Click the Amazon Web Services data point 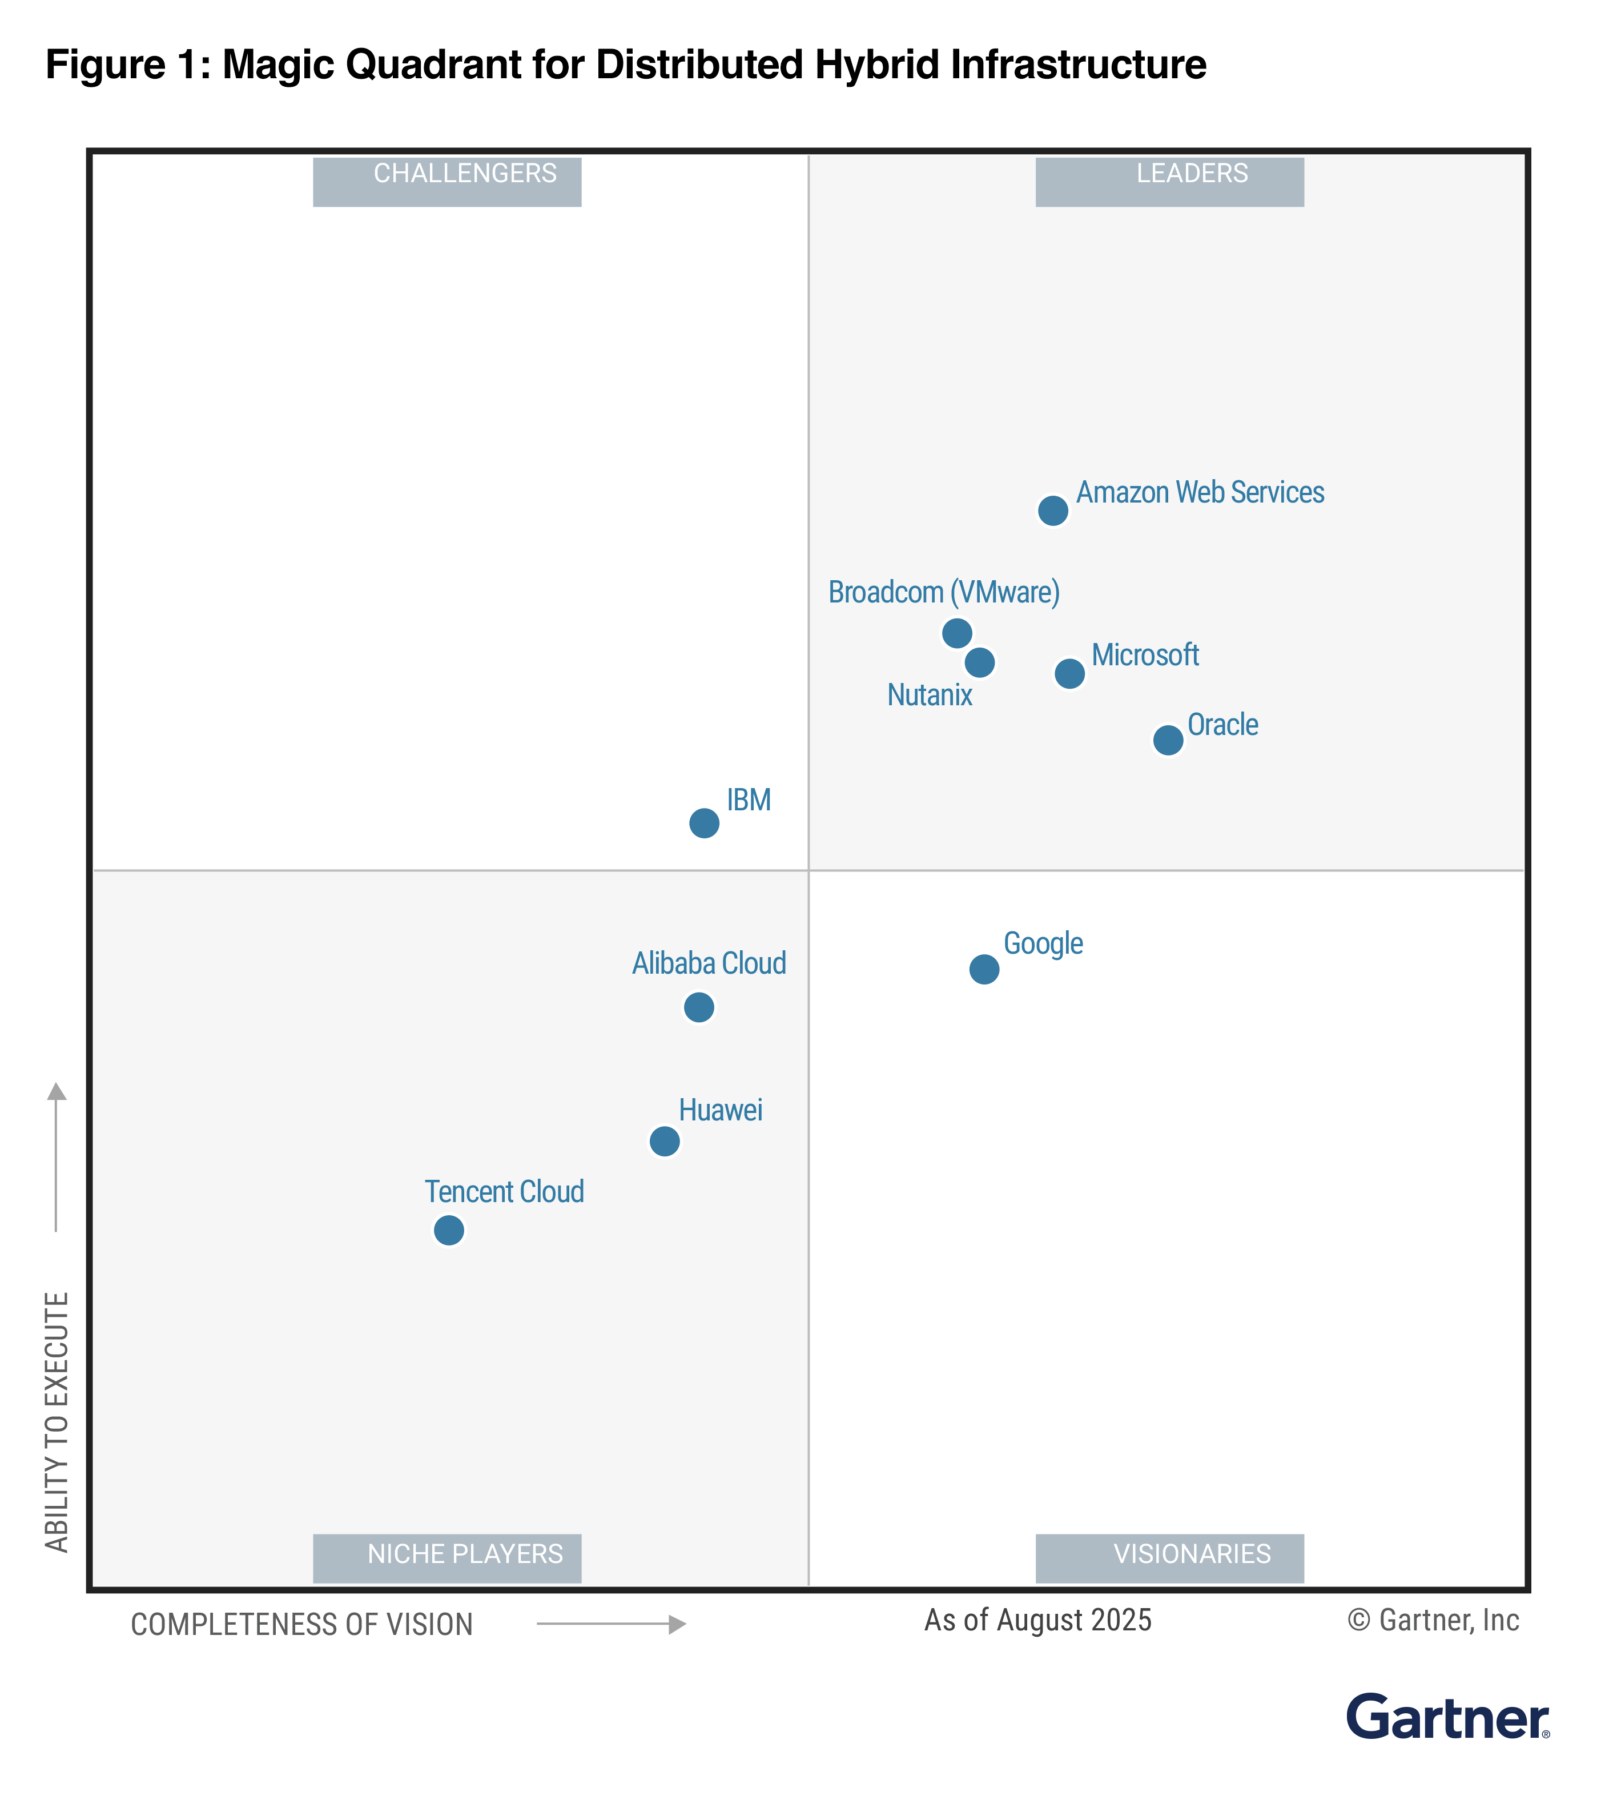coord(1053,511)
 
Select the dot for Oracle coord(1168,740)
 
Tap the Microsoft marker coord(1069,674)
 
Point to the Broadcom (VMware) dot coord(957,634)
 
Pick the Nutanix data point coord(980,662)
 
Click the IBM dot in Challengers coord(705,824)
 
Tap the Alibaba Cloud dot coord(699,1008)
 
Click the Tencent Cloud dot coord(449,1231)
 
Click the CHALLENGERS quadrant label coord(448,180)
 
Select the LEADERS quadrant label coord(1169,180)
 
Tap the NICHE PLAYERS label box coord(448,1558)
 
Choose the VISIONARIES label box coord(1169,1558)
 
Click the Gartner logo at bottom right coord(1447,1717)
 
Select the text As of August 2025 coord(1037,1620)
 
